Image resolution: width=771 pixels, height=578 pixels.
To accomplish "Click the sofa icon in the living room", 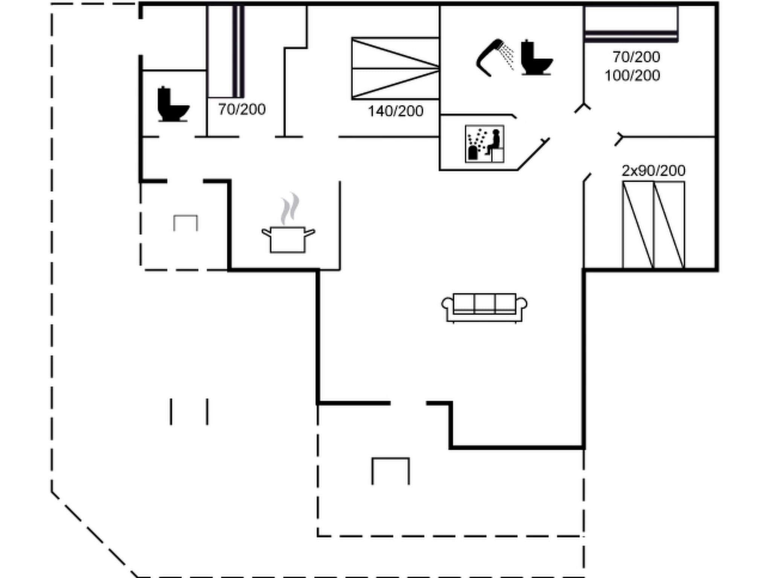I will pos(484,307).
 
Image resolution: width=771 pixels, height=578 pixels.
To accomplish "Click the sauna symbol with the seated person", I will pos(485,144).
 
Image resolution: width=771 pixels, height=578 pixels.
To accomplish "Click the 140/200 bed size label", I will pos(395,111).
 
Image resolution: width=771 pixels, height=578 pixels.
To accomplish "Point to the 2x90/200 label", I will pos(653,171).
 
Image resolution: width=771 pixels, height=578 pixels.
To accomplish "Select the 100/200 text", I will pos(632,76).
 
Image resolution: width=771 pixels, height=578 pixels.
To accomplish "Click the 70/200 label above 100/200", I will pos(636,57).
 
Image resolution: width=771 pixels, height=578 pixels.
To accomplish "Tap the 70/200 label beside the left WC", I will pos(242,110).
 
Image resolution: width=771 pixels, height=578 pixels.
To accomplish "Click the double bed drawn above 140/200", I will pos(395,68).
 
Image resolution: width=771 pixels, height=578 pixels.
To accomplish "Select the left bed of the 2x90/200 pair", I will pos(638,225).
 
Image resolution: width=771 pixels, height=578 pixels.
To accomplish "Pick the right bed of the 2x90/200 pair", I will pos(669,225).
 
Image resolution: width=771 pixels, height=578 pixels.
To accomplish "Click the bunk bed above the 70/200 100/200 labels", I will pos(631,24).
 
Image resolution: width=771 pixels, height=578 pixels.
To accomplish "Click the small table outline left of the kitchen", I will pos(186,223).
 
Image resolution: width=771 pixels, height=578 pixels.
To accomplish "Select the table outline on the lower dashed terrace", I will pos(391,471).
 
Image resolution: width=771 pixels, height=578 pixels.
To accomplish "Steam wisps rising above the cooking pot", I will pos(290,209).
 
